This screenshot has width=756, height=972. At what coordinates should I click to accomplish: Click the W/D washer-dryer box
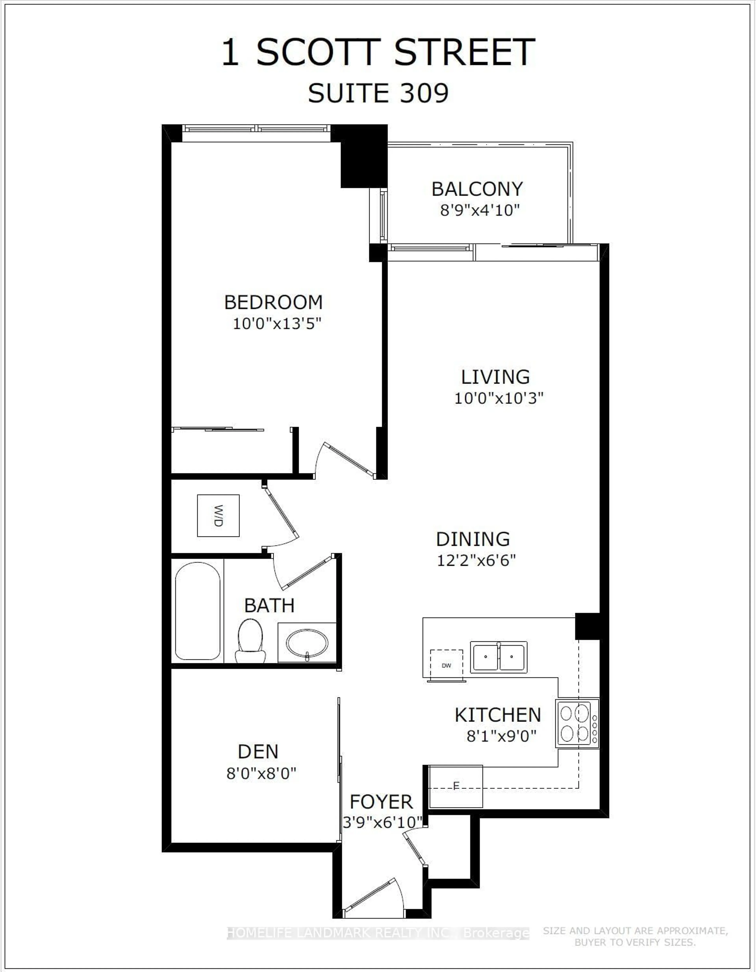pos(218,515)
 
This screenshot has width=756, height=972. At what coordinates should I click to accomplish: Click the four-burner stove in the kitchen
pos(577,723)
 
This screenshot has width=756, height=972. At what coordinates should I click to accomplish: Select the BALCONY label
pos(477,189)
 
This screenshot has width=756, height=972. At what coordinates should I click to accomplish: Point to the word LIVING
pos(495,377)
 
